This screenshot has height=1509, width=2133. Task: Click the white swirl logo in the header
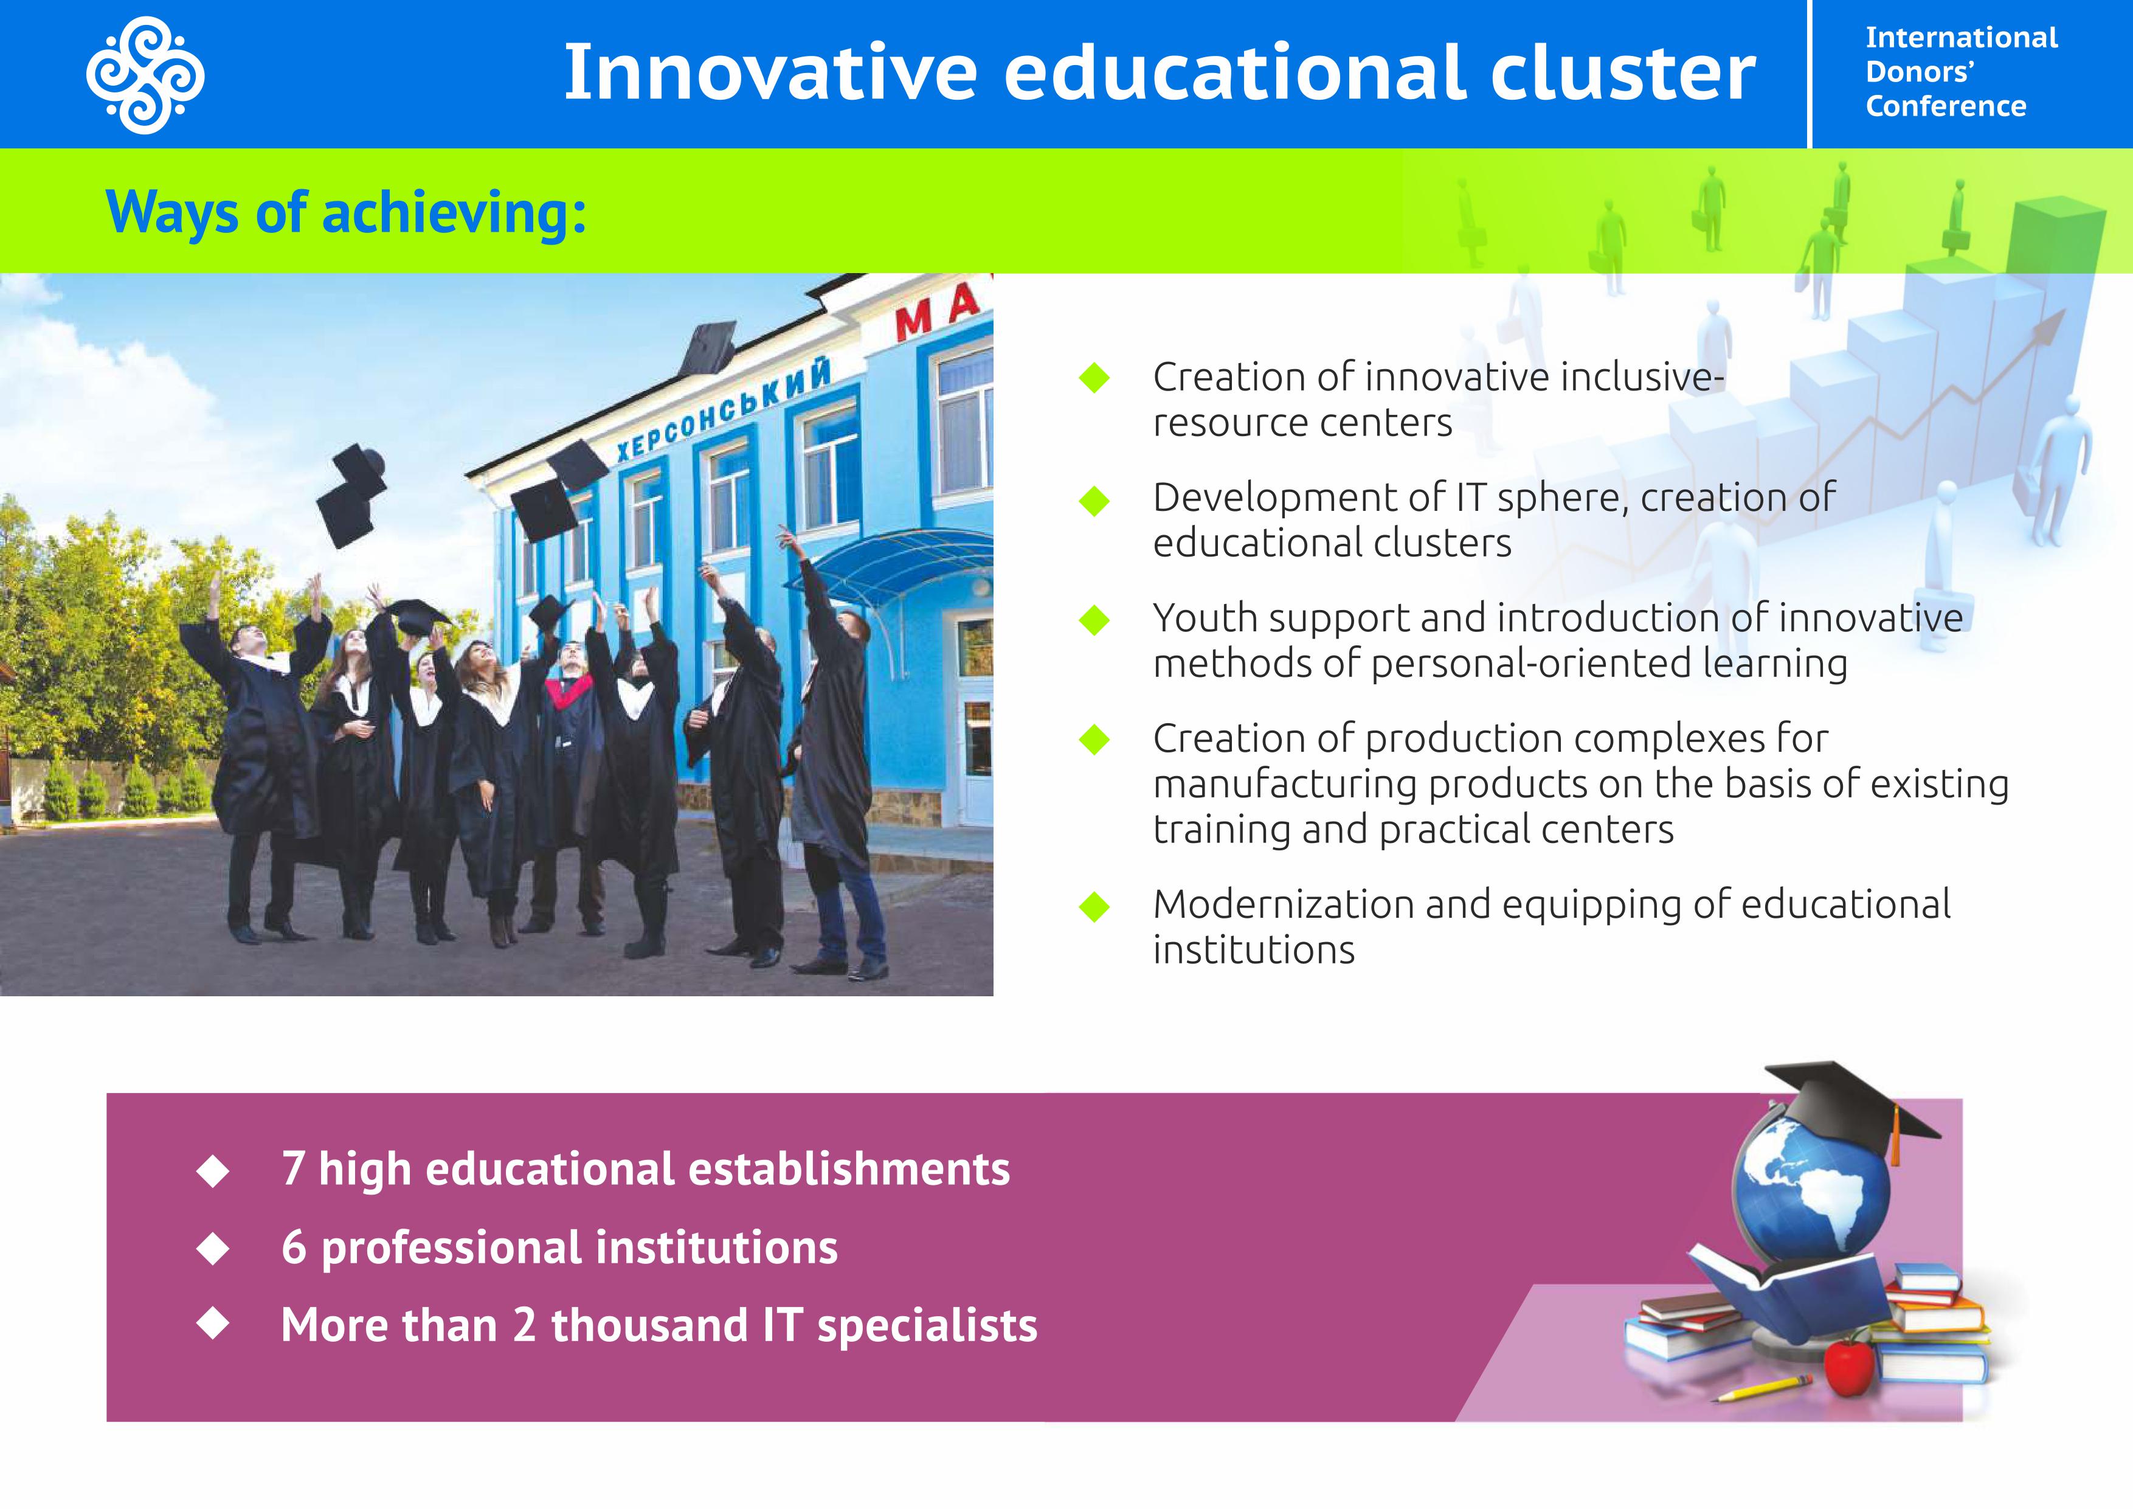pyautogui.click(x=146, y=74)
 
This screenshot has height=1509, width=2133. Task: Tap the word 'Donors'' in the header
pyautogui.click(x=1920, y=72)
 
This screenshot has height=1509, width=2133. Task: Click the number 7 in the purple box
pyautogui.click(x=294, y=1169)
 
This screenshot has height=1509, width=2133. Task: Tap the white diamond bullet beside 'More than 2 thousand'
pyautogui.click(x=213, y=1324)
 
